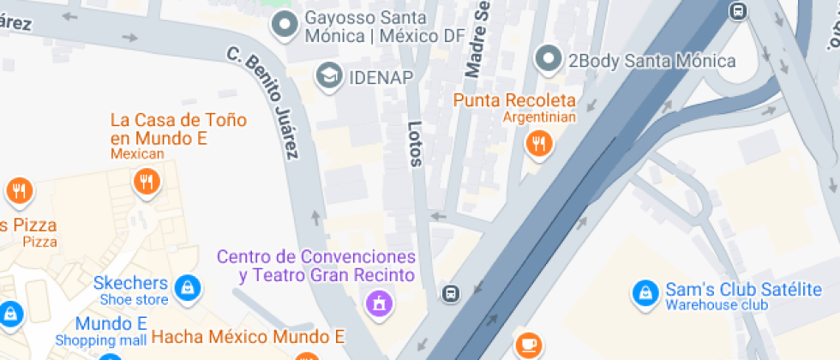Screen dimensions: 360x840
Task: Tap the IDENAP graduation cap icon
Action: (x=327, y=76)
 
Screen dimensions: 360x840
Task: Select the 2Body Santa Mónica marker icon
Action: (x=548, y=60)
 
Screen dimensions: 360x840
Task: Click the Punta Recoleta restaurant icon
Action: (x=538, y=144)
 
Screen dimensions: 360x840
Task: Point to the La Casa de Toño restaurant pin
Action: (x=147, y=182)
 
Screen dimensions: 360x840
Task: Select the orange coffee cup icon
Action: (x=528, y=345)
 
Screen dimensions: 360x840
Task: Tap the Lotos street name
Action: (x=415, y=142)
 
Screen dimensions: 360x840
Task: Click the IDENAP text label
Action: (x=381, y=77)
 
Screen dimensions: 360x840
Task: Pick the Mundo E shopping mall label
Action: (x=111, y=324)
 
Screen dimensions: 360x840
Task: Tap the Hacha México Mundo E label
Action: (x=248, y=335)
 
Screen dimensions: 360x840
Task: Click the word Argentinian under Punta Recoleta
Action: (x=539, y=117)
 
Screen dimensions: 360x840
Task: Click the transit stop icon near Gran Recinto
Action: (x=450, y=294)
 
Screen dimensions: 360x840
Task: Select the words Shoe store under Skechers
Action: (x=134, y=299)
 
